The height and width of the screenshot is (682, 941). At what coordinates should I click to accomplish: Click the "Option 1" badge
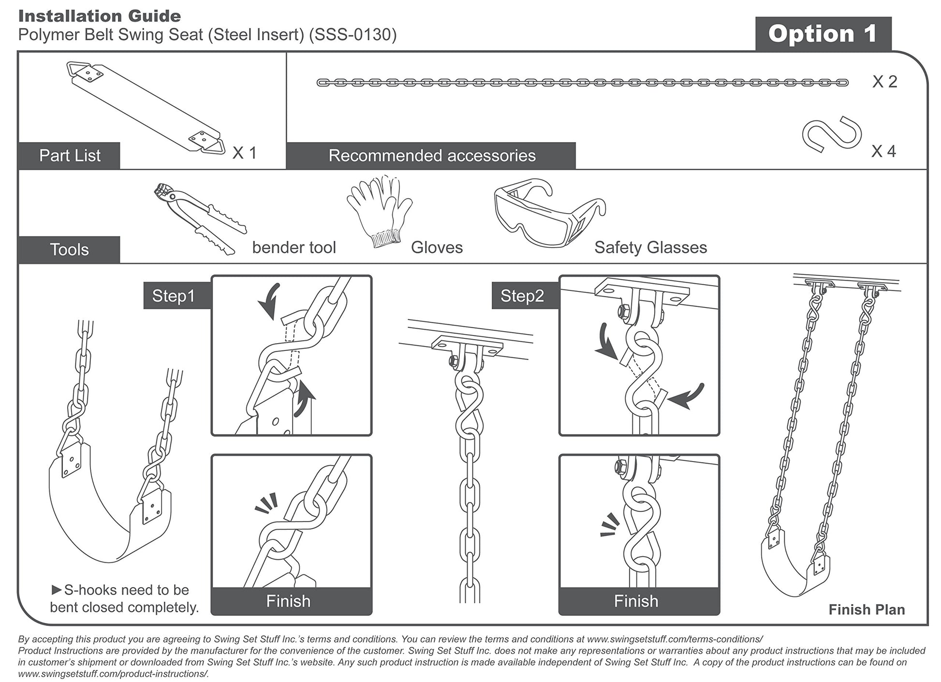(x=823, y=34)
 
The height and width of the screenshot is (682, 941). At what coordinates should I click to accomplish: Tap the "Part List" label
(x=70, y=156)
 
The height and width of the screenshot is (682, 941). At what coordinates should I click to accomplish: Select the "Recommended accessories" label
(x=432, y=156)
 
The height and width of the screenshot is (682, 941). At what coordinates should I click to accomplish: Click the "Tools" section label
(x=69, y=250)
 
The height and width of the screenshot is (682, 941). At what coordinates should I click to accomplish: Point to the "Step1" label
(x=173, y=296)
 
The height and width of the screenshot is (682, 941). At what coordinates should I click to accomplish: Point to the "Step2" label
(x=522, y=296)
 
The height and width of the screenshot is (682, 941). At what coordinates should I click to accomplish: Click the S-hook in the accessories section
(x=832, y=134)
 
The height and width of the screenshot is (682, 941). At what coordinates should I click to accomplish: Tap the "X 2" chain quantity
(x=884, y=82)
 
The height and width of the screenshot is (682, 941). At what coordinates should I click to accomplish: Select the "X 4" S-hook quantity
(x=883, y=151)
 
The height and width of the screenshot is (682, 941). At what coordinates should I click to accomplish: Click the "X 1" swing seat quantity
(x=244, y=153)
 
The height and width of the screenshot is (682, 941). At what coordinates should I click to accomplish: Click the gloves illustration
(x=380, y=211)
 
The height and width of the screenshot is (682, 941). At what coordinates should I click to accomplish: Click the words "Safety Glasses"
(x=650, y=247)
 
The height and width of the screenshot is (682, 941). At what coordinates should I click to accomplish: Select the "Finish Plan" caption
(x=867, y=609)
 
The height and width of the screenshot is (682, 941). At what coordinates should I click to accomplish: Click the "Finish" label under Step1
(x=288, y=601)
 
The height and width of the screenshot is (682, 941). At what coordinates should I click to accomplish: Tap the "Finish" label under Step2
(x=636, y=601)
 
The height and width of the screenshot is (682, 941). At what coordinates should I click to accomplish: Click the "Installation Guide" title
(x=100, y=16)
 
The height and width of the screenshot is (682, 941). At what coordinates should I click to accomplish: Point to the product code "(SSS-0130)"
(x=353, y=35)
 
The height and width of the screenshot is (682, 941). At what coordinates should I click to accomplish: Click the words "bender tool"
(x=294, y=247)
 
